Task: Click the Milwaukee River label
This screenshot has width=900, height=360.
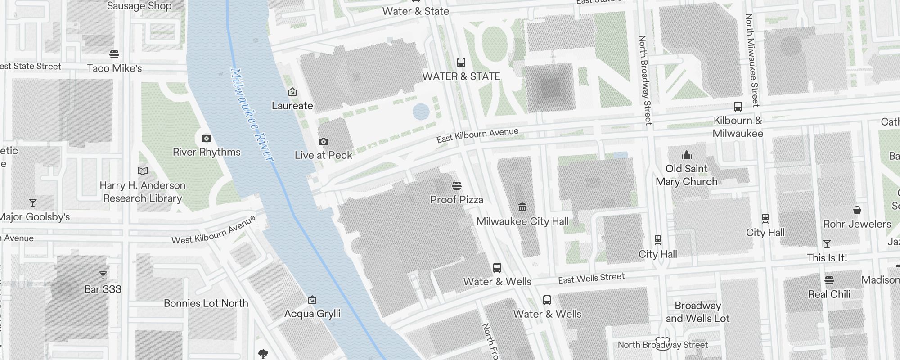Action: coord(251,115)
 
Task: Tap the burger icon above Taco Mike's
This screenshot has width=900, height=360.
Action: coord(114,54)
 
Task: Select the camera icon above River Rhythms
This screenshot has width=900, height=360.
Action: coord(207,138)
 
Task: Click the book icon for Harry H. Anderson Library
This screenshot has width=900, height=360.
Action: coord(142,171)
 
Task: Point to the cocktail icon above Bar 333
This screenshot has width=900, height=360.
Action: coord(103,275)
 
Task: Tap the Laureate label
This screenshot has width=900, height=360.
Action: coord(292,106)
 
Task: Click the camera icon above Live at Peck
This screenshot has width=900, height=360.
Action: coord(323,142)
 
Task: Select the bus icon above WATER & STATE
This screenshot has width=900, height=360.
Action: coord(461,63)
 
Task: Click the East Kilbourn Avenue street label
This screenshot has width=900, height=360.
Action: coord(477,135)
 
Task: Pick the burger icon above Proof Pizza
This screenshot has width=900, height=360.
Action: coord(457,186)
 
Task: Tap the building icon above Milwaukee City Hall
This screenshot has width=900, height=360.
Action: coord(522,207)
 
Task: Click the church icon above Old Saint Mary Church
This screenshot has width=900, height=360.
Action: coord(687,155)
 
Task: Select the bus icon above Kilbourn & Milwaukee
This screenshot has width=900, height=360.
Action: coord(738,107)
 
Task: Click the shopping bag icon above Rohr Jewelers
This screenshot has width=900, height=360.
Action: coord(857,210)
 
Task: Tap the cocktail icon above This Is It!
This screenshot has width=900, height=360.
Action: coord(827,244)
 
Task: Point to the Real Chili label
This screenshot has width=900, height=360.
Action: coord(829,294)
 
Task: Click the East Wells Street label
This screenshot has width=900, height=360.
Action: coord(591,279)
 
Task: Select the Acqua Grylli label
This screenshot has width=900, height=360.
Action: coord(312,314)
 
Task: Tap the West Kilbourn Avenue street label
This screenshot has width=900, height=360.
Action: coord(214,230)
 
